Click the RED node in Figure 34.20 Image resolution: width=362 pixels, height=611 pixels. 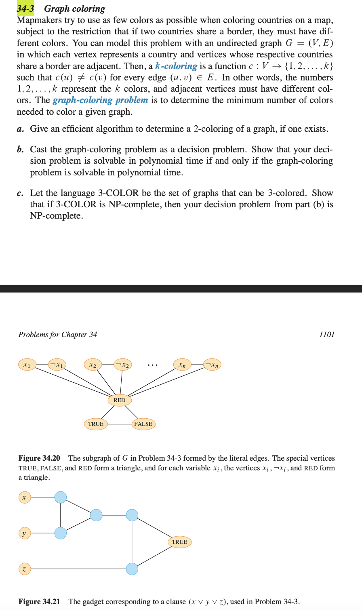120,400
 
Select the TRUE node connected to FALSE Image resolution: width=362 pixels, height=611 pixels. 96,424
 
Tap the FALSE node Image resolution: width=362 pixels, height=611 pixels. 143,424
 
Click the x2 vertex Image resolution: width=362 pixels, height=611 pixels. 93,364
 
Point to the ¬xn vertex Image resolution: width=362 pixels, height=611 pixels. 212,364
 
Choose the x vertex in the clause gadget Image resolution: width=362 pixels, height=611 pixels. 24,497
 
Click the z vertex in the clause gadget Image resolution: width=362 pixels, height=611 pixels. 24,569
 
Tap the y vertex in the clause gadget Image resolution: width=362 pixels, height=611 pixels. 24,533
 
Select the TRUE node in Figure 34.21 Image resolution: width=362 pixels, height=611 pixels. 179,542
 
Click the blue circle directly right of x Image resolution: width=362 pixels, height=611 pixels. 61,497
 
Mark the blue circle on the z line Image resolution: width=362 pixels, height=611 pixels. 132,569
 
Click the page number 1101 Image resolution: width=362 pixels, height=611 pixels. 326,334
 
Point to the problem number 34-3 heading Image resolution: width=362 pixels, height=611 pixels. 25,8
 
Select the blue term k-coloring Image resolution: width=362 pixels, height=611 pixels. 176,66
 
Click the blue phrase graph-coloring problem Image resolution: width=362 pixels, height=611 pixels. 100,100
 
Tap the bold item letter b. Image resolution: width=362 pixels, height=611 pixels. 20,150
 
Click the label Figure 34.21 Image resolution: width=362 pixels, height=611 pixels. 39,601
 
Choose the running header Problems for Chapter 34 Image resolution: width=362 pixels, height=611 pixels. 58,334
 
